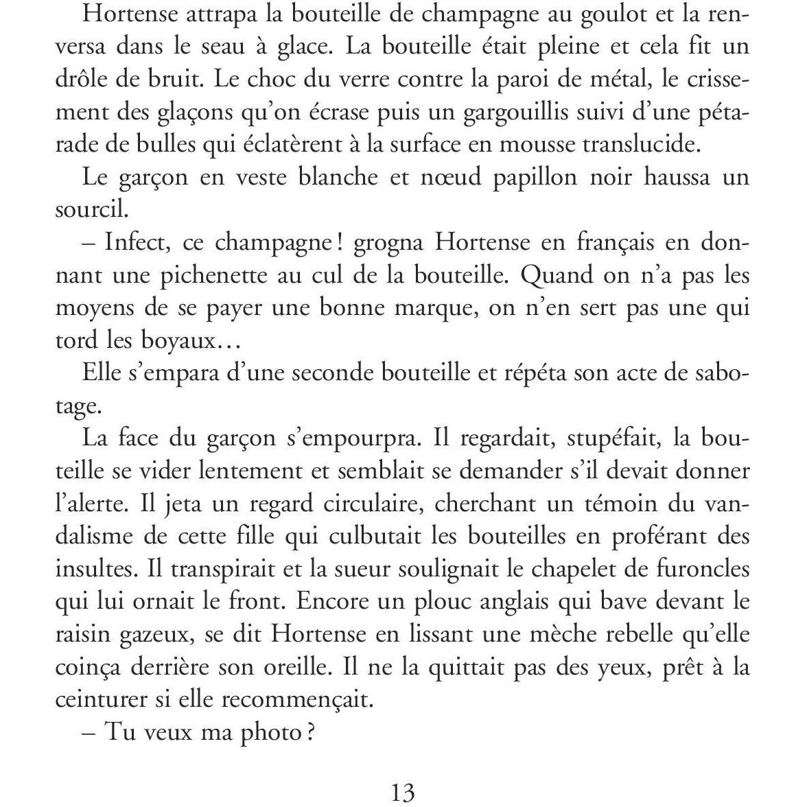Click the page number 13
[x=403, y=793]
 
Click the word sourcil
[x=91, y=210]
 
